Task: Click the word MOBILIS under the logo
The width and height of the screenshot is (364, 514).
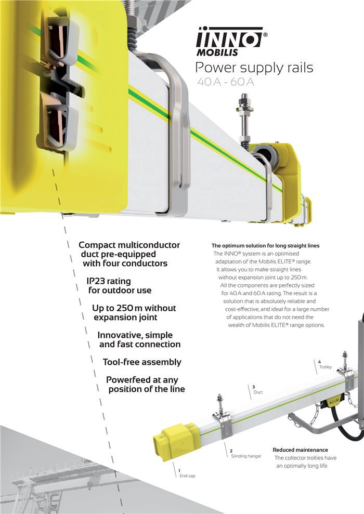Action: click(x=217, y=52)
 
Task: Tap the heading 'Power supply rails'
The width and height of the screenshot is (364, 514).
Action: click(x=254, y=68)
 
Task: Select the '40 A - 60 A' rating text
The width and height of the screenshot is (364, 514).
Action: click(x=226, y=82)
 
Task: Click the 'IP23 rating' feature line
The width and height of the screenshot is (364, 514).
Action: click(x=109, y=281)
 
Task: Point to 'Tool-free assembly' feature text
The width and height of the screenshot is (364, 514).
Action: click(x=142, y=362)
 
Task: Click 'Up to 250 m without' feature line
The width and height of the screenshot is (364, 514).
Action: click(x=134, y=308)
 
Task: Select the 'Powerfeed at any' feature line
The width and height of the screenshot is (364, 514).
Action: click(x=142, y=380)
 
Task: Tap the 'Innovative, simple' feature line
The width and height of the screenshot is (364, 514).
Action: click(x=135, y=335)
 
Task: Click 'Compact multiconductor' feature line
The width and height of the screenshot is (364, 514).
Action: click(x=129, y=245)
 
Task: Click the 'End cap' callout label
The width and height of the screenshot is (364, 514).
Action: click(x=187, y=476)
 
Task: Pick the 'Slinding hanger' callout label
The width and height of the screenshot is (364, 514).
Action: click(x=246, y=456)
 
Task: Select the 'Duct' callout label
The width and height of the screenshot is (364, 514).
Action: click(x=258, y=392)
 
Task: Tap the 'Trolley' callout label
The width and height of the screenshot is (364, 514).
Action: click(x=326, y=367)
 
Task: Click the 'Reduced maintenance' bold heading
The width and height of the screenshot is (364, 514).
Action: click(x=301, y=450)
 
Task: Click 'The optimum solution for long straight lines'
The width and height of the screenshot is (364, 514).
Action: click(x=266, y=245)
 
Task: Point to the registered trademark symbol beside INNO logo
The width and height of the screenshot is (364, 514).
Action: click(x=265, y=34)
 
